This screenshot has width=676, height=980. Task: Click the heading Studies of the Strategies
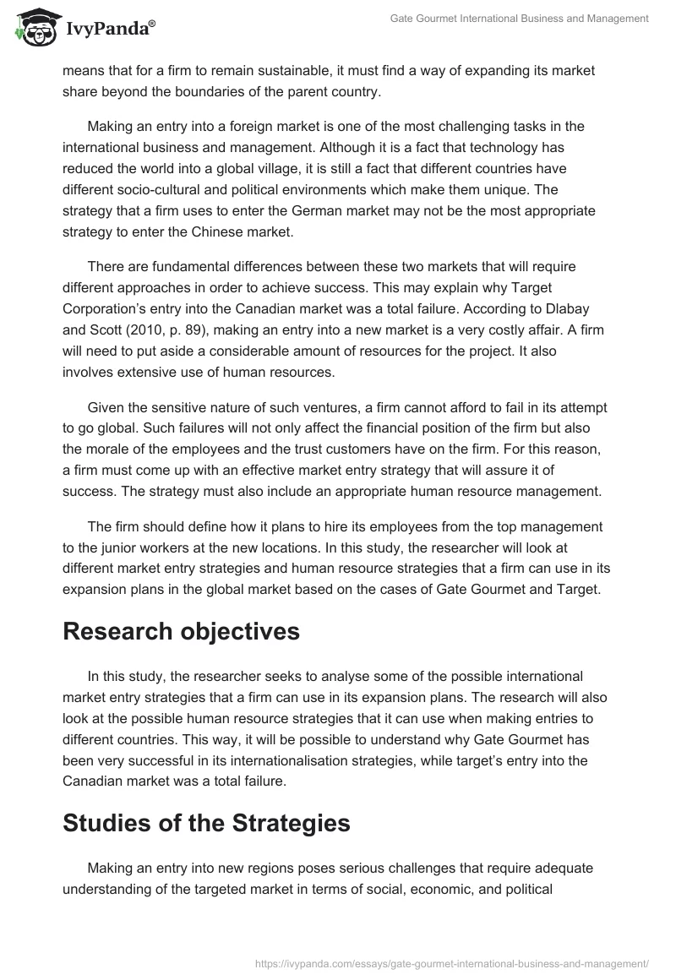pyautogui.click(x=206, y=823)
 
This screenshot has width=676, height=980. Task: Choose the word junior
pyautogui.click(x=103, y=547)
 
